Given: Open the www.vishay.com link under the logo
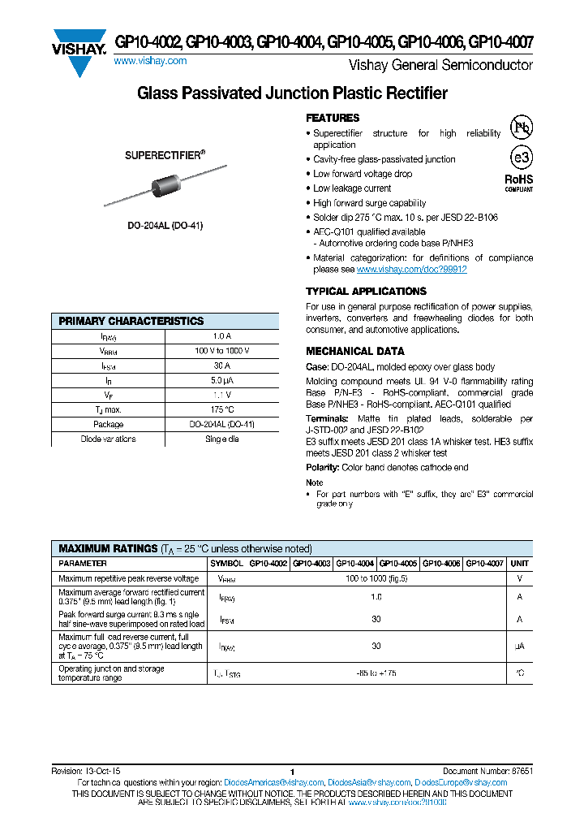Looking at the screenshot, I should coord(150,61).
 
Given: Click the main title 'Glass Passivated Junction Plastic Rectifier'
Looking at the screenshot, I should coord(292,93).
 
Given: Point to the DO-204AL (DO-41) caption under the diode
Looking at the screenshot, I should coord(165,225).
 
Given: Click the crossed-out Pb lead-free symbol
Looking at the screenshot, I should coord(521,127).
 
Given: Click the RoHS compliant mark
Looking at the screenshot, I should coord(519,182).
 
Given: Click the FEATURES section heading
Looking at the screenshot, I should coord(333,119).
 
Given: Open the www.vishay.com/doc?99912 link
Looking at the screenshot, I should coord(411,270).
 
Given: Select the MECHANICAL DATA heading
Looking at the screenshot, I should coord(354,352).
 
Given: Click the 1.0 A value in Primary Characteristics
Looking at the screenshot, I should coord(221,336).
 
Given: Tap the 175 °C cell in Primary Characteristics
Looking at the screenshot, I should coord(221,409).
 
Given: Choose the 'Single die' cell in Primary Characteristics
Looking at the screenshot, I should coord(221,439).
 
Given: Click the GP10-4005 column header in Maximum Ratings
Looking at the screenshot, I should coord(398,563).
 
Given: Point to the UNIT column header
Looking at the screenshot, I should coord(520,563).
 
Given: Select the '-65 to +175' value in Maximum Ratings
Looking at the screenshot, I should coord(376,673).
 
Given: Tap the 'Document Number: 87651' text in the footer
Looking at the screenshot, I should coord(487,771).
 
